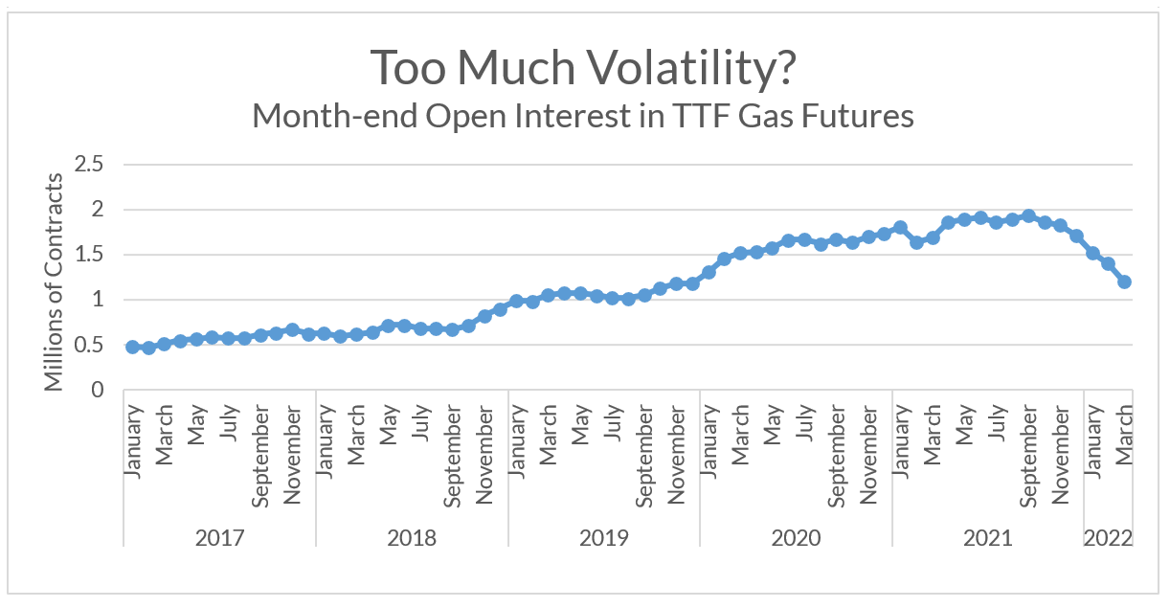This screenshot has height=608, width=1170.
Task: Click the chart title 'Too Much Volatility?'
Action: tap(584, 66)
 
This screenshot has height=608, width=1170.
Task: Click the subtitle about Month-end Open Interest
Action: tap(583, 117)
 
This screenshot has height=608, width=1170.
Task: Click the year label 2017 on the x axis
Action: tap(219, 537)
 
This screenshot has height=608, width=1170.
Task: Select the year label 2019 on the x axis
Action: tap(603, 537)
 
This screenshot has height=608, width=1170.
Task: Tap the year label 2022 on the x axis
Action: tap(1108, 537)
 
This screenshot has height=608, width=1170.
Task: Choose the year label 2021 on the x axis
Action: tap(987, 537)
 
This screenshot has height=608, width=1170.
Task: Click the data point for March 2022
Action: tap(1125, 281)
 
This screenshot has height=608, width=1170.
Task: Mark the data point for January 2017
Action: tap(132, 347)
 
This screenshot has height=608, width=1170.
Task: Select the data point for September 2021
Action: tap(1028, 216)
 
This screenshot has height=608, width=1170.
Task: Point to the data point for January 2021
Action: tap(900, 228)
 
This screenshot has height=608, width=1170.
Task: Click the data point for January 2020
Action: tap(709, 272)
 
